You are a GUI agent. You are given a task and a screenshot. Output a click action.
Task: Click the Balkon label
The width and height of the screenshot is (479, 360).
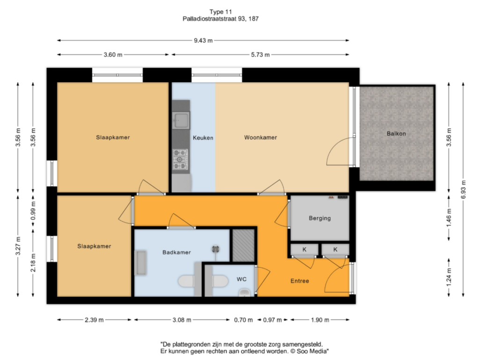[x=396, y=133]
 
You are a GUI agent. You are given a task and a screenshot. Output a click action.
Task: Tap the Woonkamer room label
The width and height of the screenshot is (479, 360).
[x=261, y=137]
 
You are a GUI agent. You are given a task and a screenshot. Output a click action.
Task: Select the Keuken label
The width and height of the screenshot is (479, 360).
[x=203, y=138]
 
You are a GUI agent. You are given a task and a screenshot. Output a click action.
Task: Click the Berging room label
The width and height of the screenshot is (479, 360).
[x=319, y=218]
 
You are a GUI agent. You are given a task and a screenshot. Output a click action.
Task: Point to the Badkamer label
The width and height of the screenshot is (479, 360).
[x=176, y=252]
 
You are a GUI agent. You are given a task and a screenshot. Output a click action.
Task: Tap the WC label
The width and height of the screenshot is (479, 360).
[x=242, y=279]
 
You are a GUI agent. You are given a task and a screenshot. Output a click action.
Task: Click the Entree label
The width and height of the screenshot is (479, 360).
[x=300, y=281]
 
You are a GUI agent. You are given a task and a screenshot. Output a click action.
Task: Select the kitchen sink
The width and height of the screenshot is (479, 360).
[x=181, y=120]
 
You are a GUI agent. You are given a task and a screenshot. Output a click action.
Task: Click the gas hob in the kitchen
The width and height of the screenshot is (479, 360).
[x=180, y=159]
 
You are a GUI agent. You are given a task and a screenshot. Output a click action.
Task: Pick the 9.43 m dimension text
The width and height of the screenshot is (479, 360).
[x=203, y=40]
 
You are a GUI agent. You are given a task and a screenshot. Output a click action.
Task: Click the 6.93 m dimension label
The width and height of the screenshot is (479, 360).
[x=464, y=189]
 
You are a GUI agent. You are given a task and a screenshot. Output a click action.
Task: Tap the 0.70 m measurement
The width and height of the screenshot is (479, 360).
[x=243, y=320]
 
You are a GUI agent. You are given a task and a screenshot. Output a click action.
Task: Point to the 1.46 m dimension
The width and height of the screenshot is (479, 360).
[x=449, y=217]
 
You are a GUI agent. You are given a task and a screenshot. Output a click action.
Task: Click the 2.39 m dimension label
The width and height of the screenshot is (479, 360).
[x=94, y=320]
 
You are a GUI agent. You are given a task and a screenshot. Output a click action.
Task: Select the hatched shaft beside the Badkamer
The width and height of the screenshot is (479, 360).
[x=243, y=245]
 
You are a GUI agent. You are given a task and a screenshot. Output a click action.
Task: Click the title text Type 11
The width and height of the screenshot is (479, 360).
[x=221, y=12]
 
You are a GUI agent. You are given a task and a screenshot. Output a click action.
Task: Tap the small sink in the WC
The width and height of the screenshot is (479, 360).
[x=244, y=293]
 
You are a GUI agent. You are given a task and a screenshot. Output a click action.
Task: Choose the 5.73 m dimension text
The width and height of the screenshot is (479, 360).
[x=260, y=55]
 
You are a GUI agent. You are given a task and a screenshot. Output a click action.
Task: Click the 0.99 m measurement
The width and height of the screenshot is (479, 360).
[x=33, y=210]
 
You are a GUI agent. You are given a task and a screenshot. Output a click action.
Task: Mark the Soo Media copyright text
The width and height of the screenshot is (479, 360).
[x=309, y=351]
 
